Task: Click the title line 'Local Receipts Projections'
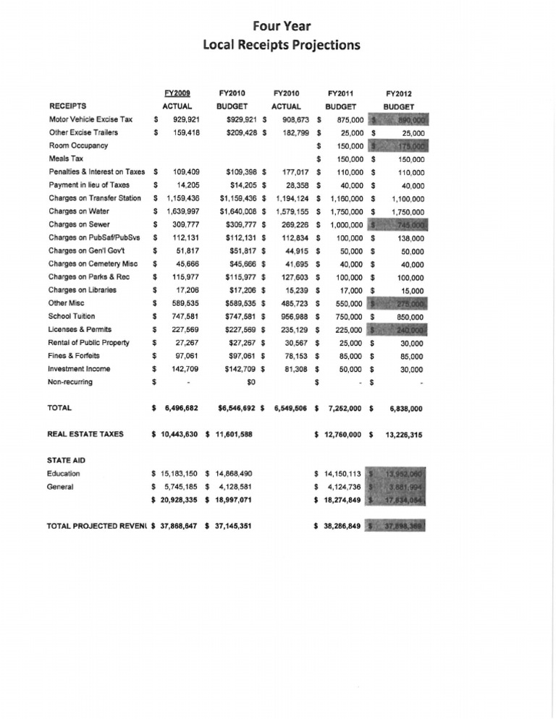click(x=281, y=45)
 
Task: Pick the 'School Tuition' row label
click(x=71, y=316)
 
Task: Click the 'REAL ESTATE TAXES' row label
click(x=85, y=434)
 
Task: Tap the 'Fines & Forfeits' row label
click(x=73, y=356)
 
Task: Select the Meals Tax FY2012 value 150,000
click(x=409, y=159)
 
